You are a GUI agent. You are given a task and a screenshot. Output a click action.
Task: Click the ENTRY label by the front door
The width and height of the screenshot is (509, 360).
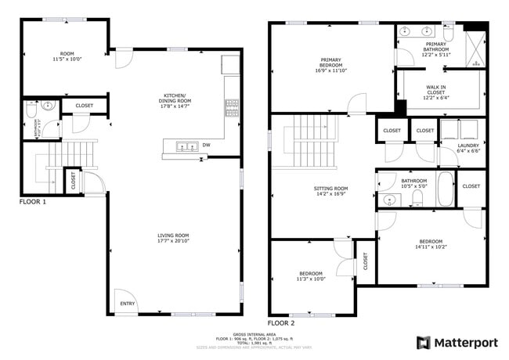tap(126, 304)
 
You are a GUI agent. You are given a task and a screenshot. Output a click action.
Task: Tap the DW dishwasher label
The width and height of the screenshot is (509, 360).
tap(207, 145)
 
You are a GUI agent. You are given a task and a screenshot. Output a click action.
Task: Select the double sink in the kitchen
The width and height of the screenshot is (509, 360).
tap(184, 146)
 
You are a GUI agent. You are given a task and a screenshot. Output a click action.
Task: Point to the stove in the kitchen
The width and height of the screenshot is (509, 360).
tap(232, 108)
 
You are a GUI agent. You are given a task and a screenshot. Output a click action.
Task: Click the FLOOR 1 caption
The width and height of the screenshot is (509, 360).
tap(33, 202)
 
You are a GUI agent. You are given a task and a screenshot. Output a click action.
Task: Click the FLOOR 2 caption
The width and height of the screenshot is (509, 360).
tap(281, 322)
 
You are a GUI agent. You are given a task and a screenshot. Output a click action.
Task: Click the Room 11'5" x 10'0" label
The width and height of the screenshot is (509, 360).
tap(66, 56)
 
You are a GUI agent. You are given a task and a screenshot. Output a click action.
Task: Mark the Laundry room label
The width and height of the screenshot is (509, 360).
tap(467, 148)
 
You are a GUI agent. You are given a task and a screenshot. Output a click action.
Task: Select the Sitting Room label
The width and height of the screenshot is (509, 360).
tap(330, 192)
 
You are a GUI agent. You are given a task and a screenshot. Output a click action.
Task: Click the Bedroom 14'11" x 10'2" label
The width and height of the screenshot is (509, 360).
tap(431, 244)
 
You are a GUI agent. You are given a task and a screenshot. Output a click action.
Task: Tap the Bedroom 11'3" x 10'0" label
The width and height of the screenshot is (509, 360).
tap(311, 276)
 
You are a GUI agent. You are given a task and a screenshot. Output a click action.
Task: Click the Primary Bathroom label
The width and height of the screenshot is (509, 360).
tap(436, 49)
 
